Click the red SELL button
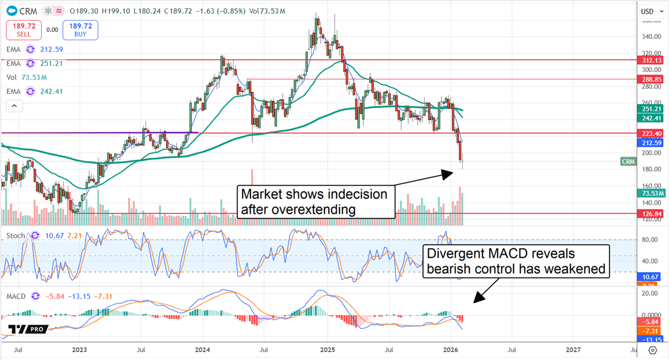24,30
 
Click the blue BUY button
80,30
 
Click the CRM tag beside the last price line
628,162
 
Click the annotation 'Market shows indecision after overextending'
316,202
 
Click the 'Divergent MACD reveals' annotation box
515,261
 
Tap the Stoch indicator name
15,236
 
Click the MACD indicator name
15,296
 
